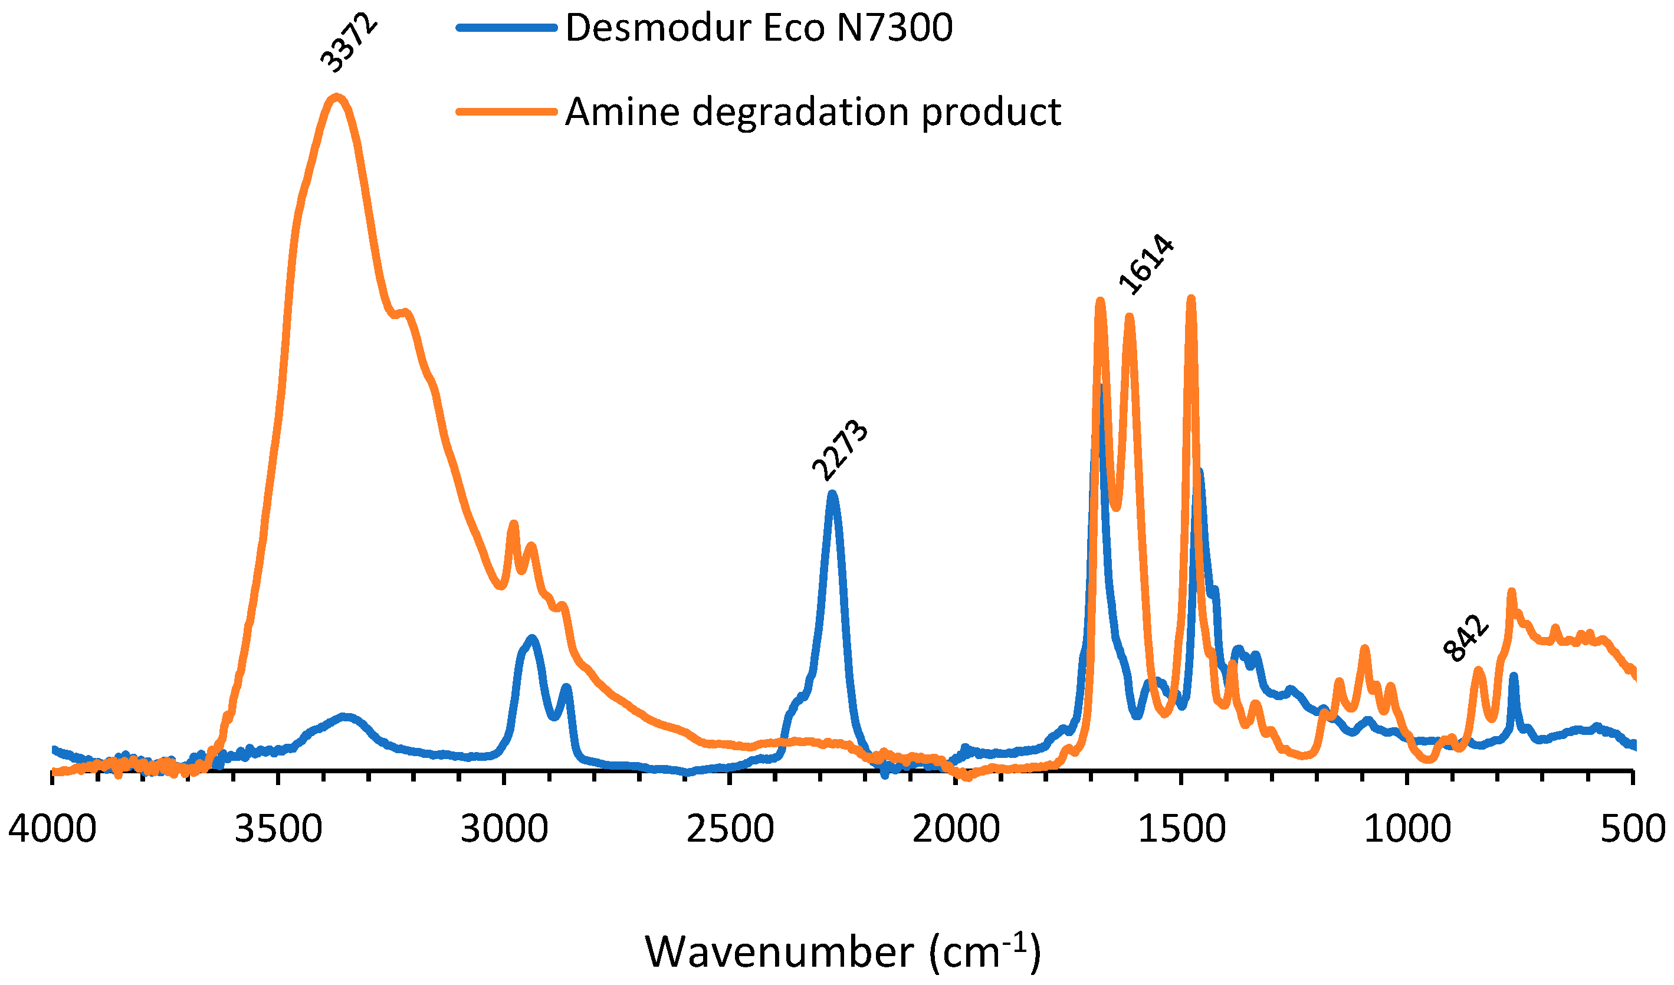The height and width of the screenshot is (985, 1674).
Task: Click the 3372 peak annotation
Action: (x=349, y=44)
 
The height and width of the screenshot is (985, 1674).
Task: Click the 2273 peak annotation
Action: (x=840, y=451)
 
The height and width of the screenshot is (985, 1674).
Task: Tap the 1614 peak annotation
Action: (x=1146, y=265)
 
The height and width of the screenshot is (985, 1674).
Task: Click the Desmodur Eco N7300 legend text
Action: (x=759, y=28)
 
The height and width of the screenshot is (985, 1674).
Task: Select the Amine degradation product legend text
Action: (x=812, y=111)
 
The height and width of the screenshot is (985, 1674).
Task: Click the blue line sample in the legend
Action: (x=506, y=28)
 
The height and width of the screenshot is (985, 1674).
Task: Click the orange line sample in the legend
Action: (x=506, y=111)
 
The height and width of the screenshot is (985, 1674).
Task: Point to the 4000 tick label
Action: (x=52, y=829)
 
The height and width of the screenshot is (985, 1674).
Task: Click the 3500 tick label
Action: (x=278, y=829)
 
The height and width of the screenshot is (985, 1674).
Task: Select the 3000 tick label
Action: (x=504, y=829)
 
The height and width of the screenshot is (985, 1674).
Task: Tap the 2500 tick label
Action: (x=730, y=829)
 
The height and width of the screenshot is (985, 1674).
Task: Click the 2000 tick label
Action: (x=956, y=829)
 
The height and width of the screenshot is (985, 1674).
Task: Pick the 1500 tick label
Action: (x=1181, y=829)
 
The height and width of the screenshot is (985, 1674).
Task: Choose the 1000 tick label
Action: (x=1407, y=829)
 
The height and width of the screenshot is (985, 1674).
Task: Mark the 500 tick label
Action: (x=1632, y=829)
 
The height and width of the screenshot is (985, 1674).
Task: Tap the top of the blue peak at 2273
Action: (x=832, y=494)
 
